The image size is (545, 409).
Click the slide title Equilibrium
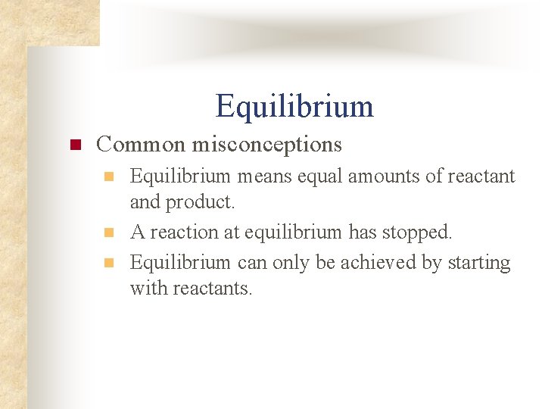click(294, 106)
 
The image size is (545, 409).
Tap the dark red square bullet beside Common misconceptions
click(75, 144)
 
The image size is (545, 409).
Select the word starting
click(480, 263)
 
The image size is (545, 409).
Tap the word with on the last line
click(145, 289)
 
